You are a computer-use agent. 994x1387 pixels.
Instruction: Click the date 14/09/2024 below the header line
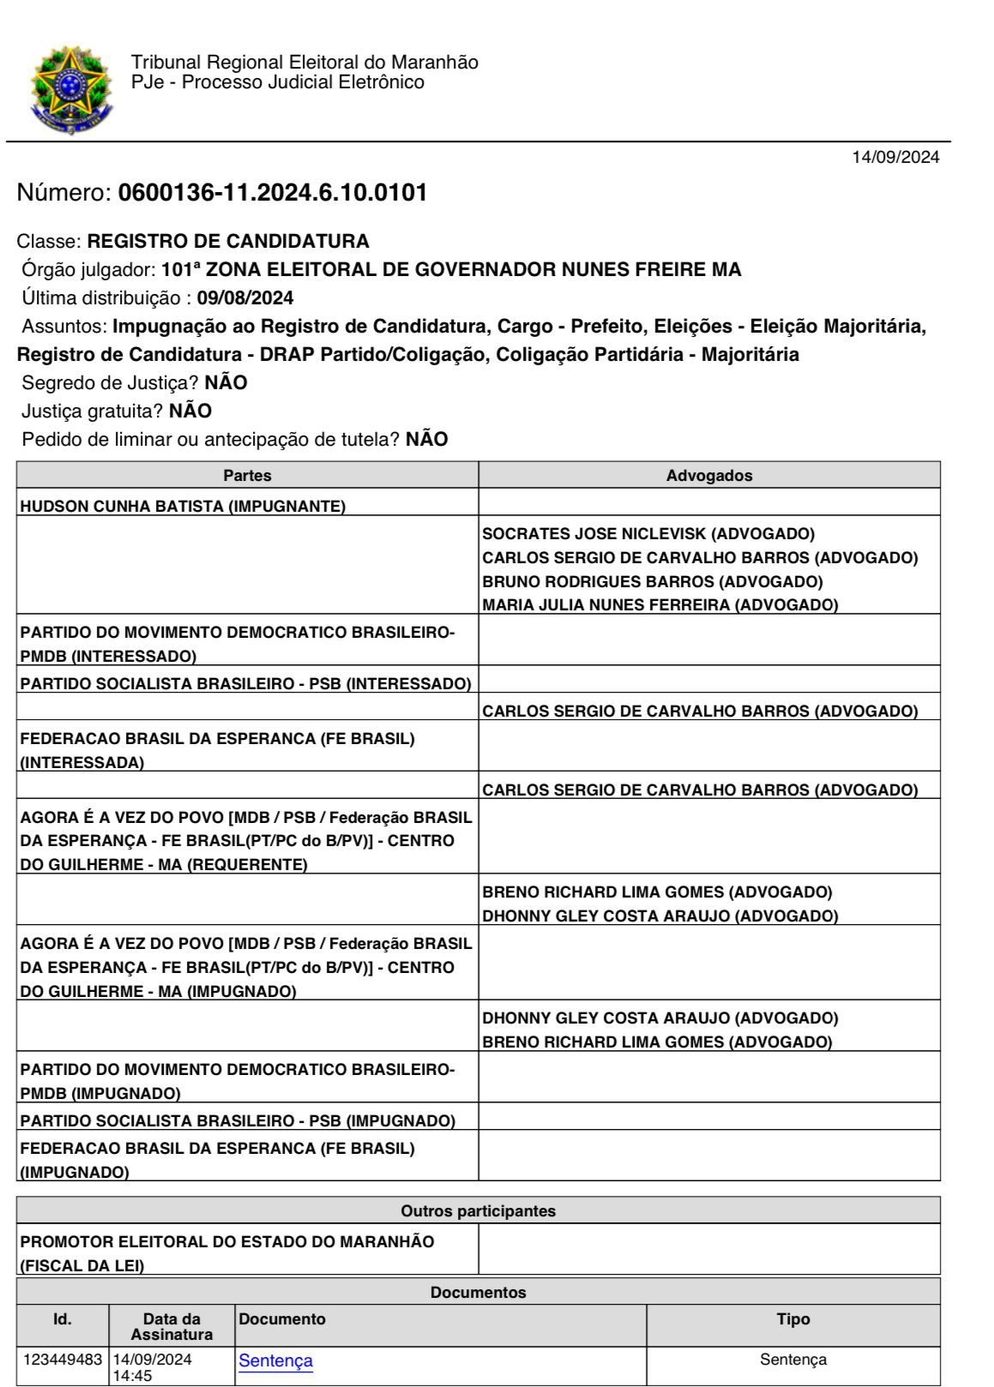895,157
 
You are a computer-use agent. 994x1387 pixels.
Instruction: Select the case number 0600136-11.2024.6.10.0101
273,193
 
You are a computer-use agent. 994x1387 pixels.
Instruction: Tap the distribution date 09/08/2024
245,298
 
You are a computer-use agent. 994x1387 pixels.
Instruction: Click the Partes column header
247,476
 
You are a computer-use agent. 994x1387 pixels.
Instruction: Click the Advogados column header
709,476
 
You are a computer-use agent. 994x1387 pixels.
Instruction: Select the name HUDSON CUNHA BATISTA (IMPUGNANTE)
183,506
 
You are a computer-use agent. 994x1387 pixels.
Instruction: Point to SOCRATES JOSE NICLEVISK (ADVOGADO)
648,533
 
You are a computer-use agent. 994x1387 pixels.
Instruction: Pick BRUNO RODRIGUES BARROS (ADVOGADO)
653,581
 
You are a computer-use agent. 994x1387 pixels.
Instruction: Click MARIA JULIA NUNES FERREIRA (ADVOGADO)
660,604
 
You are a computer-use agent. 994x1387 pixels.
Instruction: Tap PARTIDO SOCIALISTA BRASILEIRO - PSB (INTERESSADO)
245,683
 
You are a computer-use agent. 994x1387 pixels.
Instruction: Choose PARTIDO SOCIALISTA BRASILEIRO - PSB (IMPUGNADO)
238,1120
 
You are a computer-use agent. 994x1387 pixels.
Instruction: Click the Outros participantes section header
478,1210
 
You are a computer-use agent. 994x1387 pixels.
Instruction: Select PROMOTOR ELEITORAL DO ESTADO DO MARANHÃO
227,1241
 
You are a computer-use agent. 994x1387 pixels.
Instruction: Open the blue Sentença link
275,1360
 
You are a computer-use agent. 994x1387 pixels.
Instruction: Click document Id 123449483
63,1360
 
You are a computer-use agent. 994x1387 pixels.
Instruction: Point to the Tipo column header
792,1319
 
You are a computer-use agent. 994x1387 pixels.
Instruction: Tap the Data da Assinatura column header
172,1326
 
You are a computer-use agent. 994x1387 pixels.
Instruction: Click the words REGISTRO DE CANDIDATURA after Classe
228,241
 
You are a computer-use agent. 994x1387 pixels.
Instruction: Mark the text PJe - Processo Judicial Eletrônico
278,82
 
